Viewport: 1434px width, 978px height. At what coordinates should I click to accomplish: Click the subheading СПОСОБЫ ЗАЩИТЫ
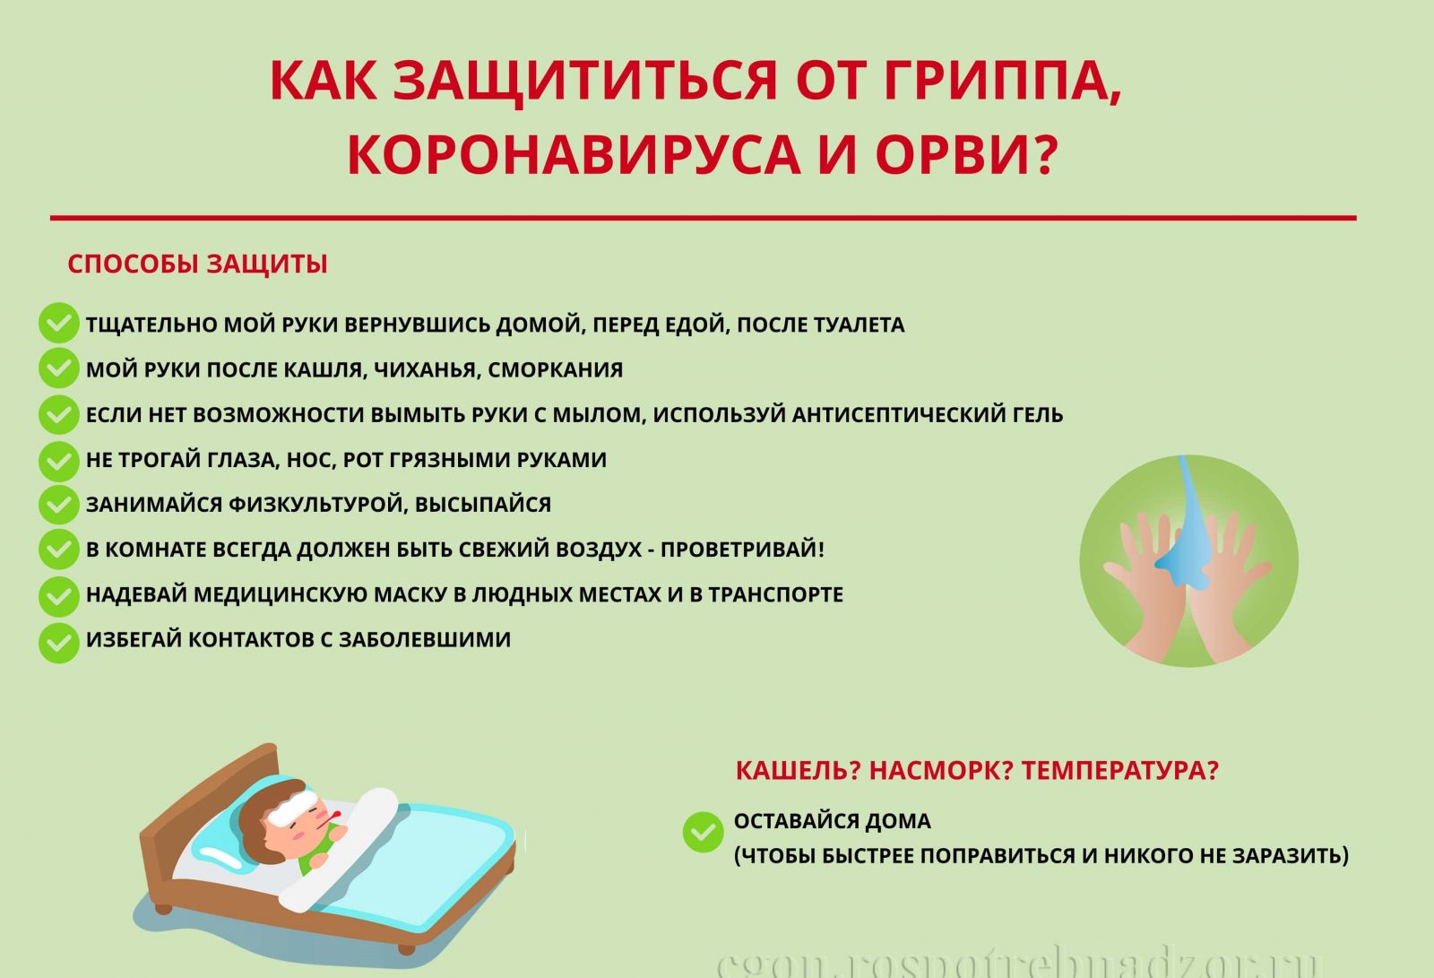(197, 264)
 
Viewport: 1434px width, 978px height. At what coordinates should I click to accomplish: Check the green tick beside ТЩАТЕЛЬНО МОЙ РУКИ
(59, 323)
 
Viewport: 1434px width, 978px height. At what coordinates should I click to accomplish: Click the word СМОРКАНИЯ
(555, 370)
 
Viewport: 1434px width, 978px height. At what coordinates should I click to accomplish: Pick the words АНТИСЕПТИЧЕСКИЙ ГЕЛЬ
(928, 415)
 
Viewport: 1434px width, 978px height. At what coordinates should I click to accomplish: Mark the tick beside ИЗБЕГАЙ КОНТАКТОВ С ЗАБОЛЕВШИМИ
(59, 643)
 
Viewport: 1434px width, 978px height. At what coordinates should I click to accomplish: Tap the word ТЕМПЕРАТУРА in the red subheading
(1119, 770)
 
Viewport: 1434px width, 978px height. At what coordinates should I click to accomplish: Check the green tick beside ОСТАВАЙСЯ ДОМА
(703, 832)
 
